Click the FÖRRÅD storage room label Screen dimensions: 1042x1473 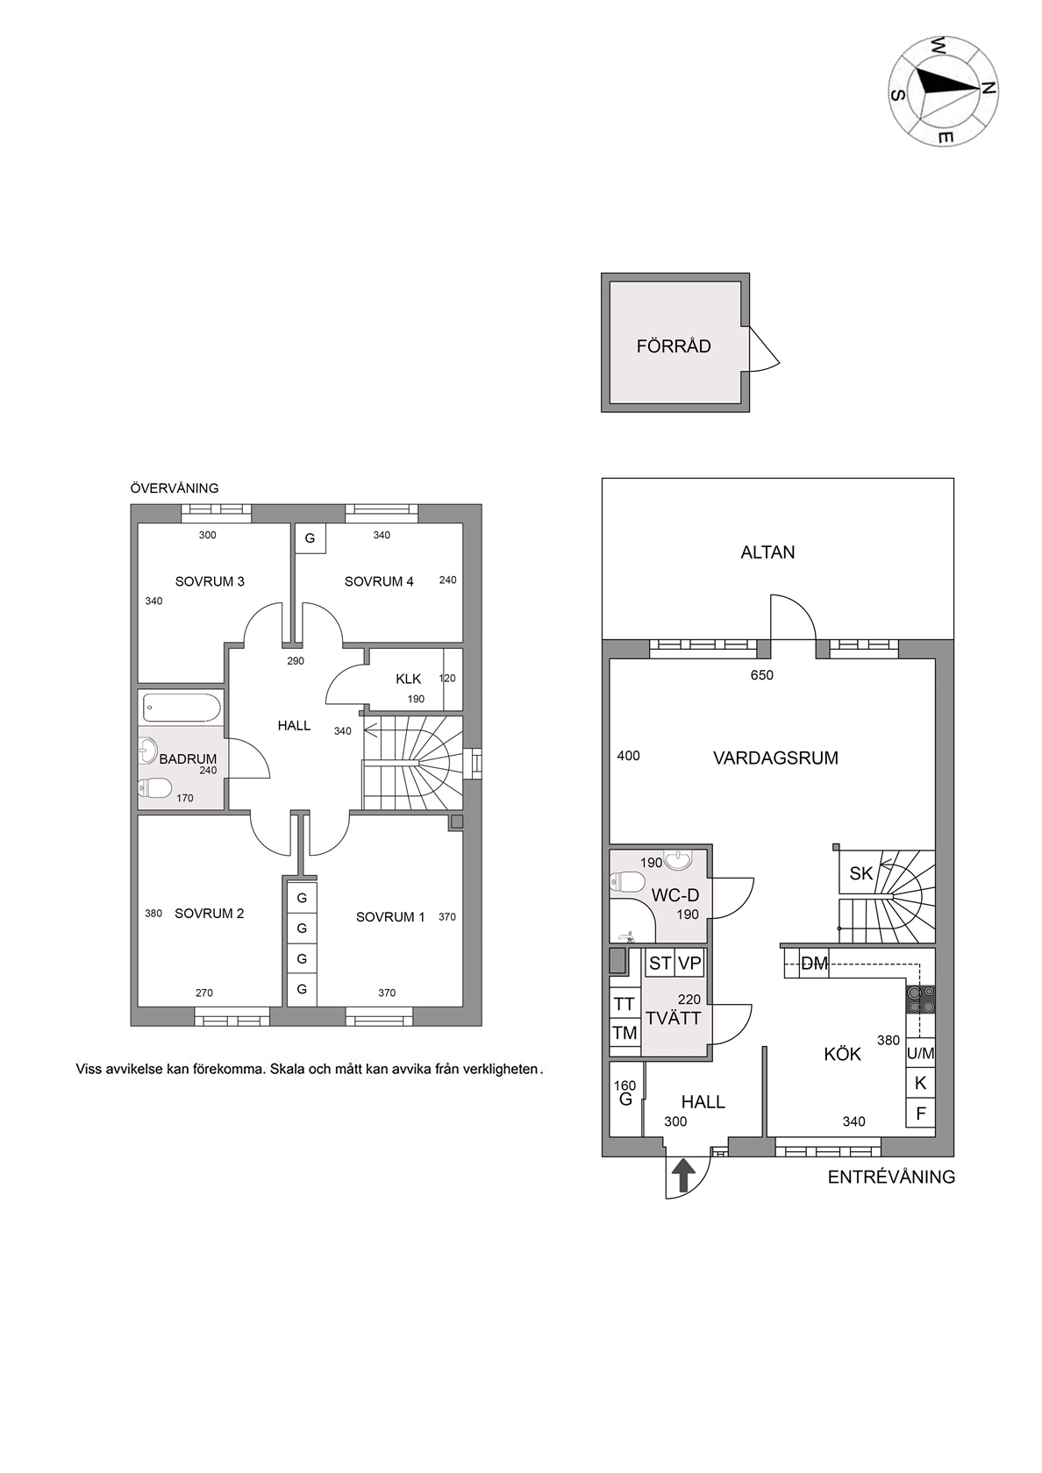674,346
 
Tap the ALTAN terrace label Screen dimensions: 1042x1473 767,552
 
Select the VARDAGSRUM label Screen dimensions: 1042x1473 775,758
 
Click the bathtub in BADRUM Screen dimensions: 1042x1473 181,708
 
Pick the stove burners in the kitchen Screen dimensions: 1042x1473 921,1000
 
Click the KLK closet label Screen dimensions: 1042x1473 409,680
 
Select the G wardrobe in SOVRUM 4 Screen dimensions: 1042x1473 310,538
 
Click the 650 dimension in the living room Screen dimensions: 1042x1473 761,675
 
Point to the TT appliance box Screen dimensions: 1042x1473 624,1004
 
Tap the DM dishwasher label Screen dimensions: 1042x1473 814,964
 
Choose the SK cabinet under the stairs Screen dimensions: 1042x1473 860,873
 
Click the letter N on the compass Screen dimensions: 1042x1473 988,88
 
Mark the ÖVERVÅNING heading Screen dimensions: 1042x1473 175,488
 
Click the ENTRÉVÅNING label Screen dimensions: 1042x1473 891,1177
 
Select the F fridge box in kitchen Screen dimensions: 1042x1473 921,1114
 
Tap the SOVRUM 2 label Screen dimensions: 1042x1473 209,914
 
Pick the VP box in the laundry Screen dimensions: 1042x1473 690,964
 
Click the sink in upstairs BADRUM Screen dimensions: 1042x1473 147,750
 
